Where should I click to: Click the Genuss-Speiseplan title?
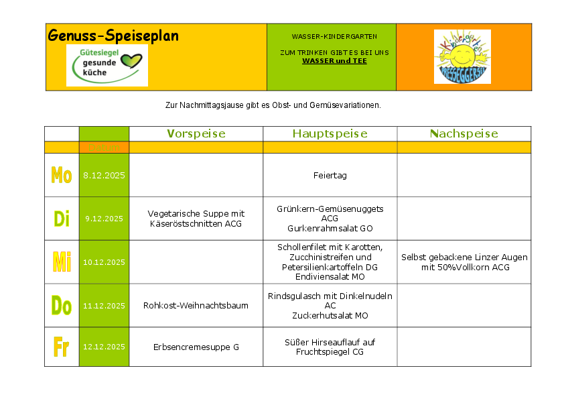pyautogui.click(x=113, y=36)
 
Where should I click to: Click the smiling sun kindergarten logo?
pyautogui.click(x=462, y=56)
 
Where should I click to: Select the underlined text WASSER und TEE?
pyautogui.click(x=334, y=60)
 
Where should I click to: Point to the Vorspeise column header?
pyautogui.click(x=196, y=133)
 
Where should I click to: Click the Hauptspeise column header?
pyautogui.click(x=330, y=133)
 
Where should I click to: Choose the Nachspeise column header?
pyautogui.click(x=464, y=133)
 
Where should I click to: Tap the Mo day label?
pyautogui.click(x=62, y=176)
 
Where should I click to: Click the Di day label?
pyautogui.click(x=62, y=219)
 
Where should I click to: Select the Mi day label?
pyautogui.click(x=62, y=262)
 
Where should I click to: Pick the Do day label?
pyautogui.click(x=62, y=306)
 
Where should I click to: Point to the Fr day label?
pyautogui.click(x=62, y=347)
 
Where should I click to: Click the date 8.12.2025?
pyautogui.click(x=104, y=176)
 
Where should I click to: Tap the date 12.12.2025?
pyautogui.click(x=104, y=347)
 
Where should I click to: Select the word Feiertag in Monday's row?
pyautogui.click(x=330, y=176)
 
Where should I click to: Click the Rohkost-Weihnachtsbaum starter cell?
pyautogui.click(x=196, y=306)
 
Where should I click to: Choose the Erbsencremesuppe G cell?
pyautogui.click(x=196, y=347)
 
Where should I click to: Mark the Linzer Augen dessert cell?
pyautogui.click(x=464, y=262)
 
